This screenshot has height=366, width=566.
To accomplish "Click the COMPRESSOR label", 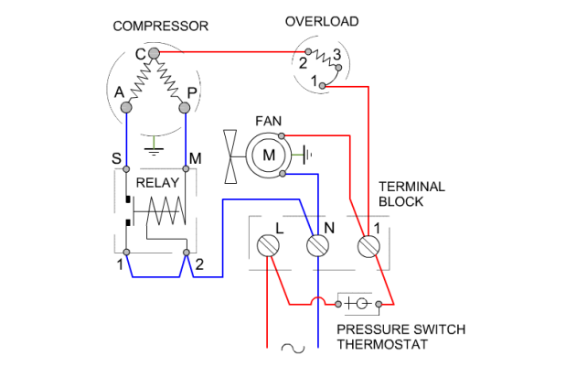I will click(x=161, y=26).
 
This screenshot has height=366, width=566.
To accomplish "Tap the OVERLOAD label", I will click(x=322, y=21).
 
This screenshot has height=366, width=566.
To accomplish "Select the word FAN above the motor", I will click(x=268, y=120).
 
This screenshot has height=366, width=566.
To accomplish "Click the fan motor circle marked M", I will click(x=269, y=155).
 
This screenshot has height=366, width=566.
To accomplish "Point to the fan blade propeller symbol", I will click(x=233, y=155).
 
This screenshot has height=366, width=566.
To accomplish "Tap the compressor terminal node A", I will click(x=126, y=107).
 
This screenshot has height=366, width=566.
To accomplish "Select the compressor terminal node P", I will click(x=185, y=107).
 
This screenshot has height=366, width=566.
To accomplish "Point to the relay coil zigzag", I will click(x=166, y=218).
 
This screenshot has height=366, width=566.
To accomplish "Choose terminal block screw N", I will click(x=317, y=245).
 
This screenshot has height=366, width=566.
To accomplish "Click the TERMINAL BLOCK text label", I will click(x=411, y=194).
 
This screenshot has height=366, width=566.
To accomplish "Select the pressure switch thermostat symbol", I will click(x=358, y=303).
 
